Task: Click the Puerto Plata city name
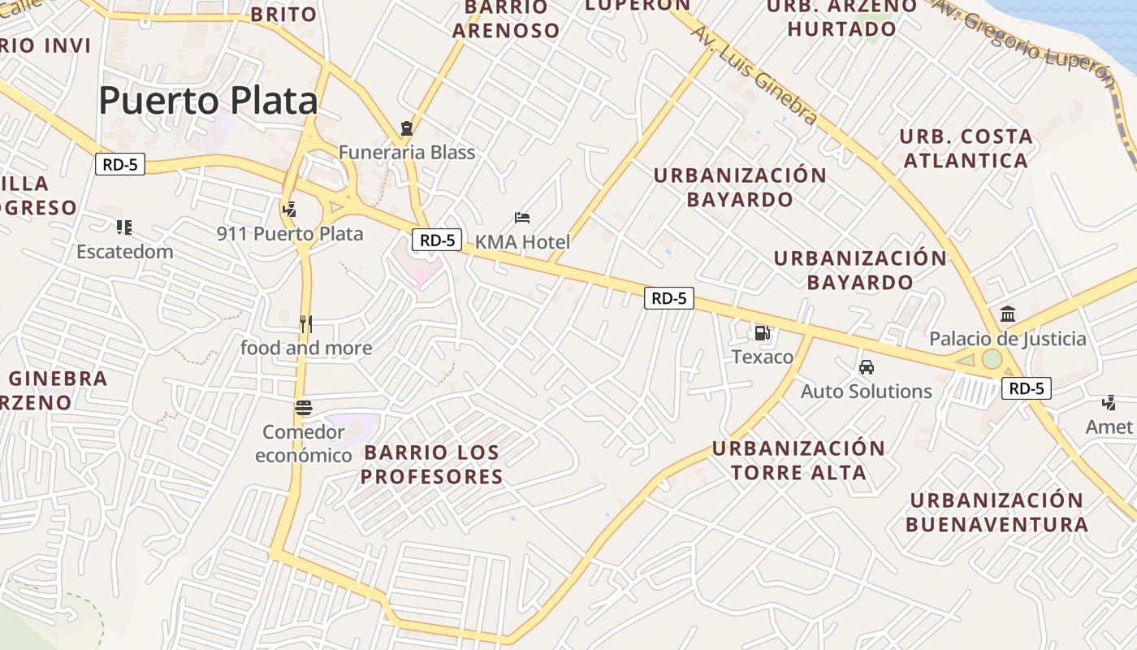click(208, 101)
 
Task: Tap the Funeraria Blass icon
click(407, 128)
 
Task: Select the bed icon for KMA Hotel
click(522, 218)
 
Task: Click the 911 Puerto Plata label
click(290, 234)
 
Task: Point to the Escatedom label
click(125, 251)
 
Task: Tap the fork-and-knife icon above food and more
click(305, 324)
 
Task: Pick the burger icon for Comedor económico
click(305, 407)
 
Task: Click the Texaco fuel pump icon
click(762, 332)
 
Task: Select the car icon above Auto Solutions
click(867, 367)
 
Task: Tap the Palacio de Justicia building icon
click(1008, 314)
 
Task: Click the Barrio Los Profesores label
click(432, 464)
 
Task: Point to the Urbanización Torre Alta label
click(798, 460)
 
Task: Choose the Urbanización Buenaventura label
click(996, 512)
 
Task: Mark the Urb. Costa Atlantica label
click(966, 148)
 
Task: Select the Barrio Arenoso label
click(506, 19)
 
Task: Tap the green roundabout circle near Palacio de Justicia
click(992, 359)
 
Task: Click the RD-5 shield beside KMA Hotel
click(437, 240)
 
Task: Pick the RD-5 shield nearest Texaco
click(669, 298)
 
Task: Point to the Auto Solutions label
click(867, 391)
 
